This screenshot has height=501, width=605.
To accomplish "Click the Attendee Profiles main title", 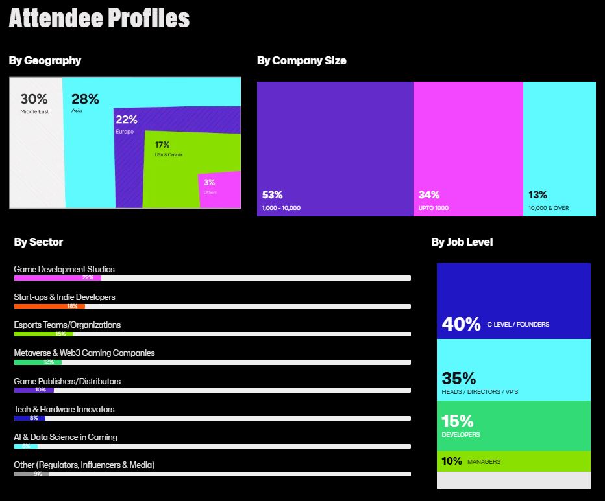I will [x=99, y=18].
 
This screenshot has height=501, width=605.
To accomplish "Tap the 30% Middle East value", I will [x=34, y=99].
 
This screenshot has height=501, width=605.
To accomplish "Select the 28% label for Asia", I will [x=85, y=99].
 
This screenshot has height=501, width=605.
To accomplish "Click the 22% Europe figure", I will [x=127, y=119].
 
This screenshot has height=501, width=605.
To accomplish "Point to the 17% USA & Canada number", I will [x=162, y=145].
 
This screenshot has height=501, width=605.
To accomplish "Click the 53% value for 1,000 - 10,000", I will [x=272, y=194].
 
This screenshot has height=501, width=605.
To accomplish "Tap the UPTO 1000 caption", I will [x=434, y=208].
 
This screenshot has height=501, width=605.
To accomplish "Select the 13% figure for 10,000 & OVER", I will [x=537, y=194].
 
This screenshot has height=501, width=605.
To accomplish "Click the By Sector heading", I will [x=38, y=242].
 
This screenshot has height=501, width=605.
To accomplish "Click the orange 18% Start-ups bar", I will [x=49, y=306].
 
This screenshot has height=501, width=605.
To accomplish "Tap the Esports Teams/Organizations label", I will [x=67, y=325].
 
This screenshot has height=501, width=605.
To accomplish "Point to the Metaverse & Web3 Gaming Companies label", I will [x=84, y=353].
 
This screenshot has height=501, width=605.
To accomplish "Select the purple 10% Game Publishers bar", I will [x=34, y=390].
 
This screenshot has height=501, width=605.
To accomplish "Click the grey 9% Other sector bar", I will [x=31, y=474].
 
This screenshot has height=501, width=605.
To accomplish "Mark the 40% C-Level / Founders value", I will [x=461, y=323].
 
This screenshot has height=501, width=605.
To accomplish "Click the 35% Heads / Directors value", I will [x=459, y=378].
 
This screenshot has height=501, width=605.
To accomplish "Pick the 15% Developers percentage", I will [x=457, y=421].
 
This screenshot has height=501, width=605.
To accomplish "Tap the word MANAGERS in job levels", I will [x=484, y=462].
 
